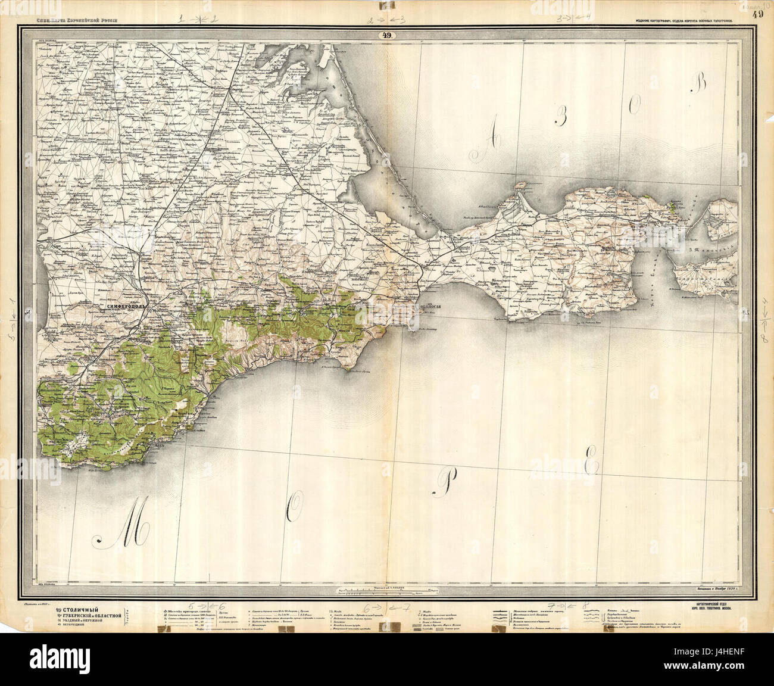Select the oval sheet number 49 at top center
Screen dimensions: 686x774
(386, 36)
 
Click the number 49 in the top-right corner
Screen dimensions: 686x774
(757, 14)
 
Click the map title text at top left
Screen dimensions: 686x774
(74, 21)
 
